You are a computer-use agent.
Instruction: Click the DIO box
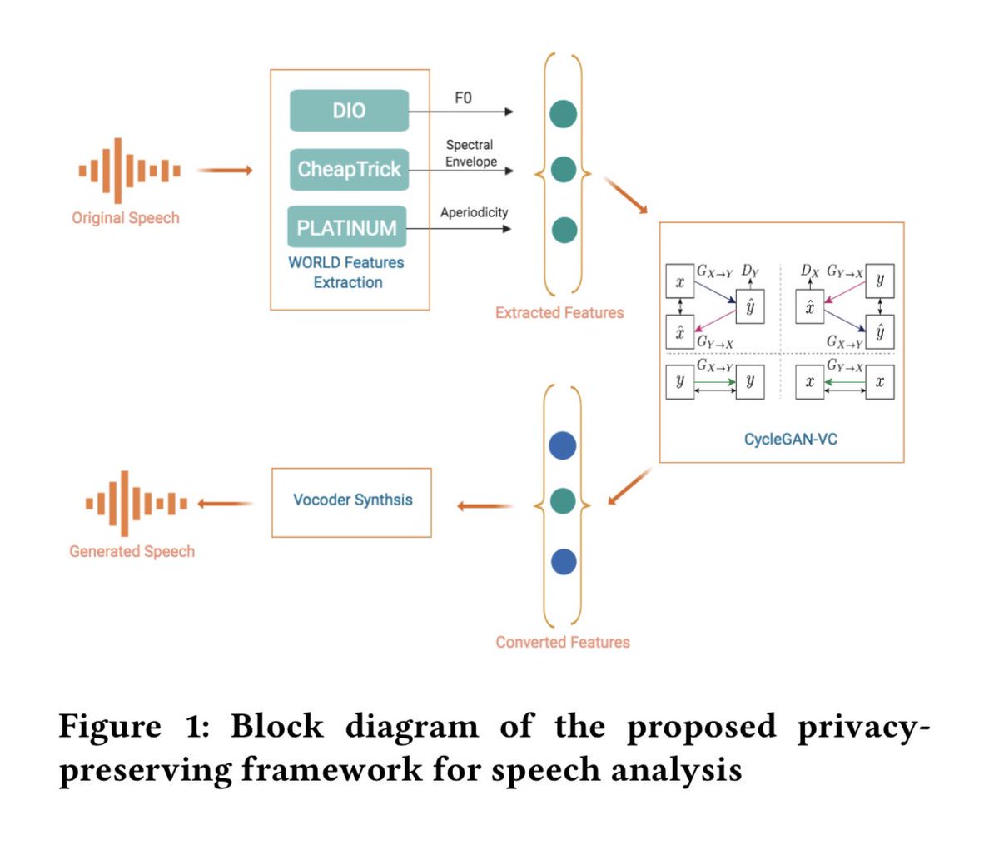click(x=349, y=111)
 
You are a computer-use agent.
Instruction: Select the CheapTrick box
click(x=349, y=169)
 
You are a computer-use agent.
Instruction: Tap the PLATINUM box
click(x=347, y=227)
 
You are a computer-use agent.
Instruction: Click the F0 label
click(x=463, y=98)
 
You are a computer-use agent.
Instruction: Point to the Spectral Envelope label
click(x=470, y=153)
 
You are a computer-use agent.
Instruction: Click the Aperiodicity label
click(x=474, y=213)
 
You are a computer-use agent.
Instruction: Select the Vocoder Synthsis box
click(x=352, y=501)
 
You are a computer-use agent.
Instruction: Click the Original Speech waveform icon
click(x=129, y=171)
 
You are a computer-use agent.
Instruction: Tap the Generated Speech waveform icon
click(x=136, y=503)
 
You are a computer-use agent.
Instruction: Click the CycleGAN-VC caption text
click(x=790, y=439)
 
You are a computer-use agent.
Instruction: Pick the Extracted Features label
click(x=559, y=313)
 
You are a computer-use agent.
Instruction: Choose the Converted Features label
click(x=563, y=642)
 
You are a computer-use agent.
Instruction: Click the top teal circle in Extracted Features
click(x=564, y=113)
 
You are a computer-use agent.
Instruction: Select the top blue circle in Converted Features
click(x=563, y=445)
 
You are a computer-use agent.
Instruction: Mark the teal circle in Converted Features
click(x=563, y=501)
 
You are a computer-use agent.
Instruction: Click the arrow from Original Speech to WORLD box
click(x=225, y=171)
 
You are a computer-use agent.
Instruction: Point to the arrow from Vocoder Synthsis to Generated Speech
click(x=226, y=503)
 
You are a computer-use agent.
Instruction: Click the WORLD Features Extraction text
click(x=346, y=272)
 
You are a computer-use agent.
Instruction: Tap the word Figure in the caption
click(x=110, y=726)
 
